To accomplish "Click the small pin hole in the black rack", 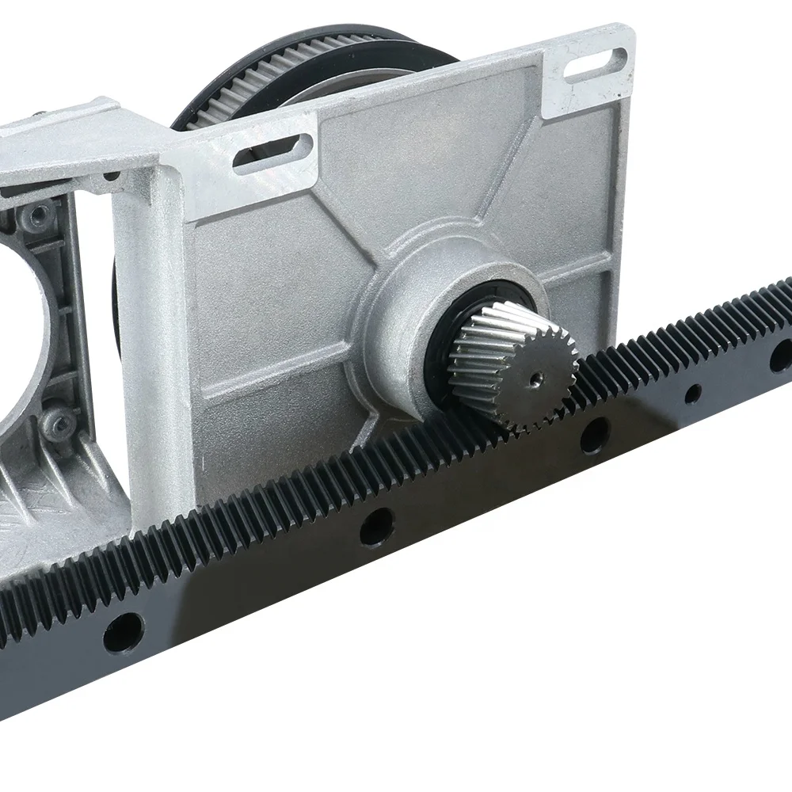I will (x=693, y=390).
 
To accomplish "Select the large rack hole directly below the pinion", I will (x=594, y=434).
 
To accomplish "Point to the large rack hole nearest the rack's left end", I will (x=124, y=633).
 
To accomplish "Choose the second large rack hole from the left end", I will (x=377, y=525).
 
